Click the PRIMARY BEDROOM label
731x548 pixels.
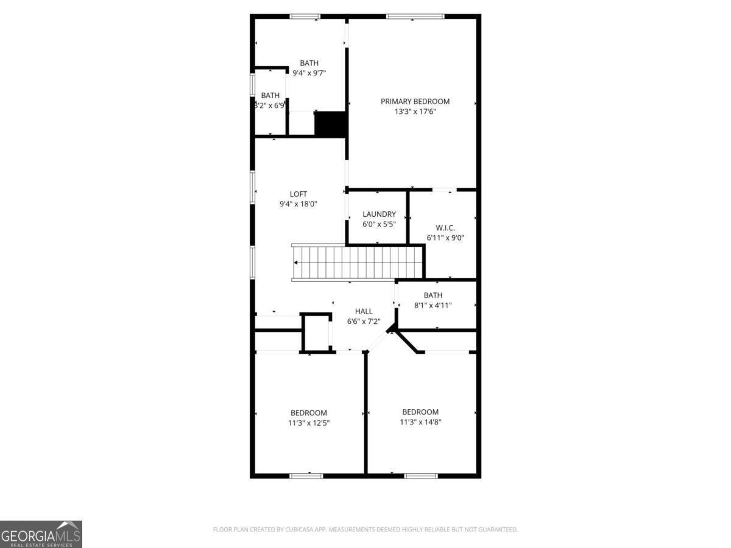pos(415,101)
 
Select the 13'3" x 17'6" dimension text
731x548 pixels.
pos(415,111)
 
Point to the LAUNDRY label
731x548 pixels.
pos(379,214)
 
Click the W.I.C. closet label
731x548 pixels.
pos(445,228)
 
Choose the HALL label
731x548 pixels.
pos(364,311)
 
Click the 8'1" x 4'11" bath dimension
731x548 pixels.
pos(433,305)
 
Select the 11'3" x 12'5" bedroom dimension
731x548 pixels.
pos(309,423)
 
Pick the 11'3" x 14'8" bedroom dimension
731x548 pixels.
pos(420,422)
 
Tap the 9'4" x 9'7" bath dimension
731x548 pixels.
pos(309,73)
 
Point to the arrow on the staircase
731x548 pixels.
pos(296,263)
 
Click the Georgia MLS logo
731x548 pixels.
pos(41,534)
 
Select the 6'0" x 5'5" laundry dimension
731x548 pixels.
pos(379,224)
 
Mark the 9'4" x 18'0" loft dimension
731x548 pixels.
pos(298,205)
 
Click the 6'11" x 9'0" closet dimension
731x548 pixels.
pos(445,238)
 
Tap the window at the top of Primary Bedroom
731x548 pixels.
pos(415,16)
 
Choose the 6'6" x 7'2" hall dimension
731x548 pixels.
pos(364,321)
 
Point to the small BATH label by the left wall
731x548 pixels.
pos(270,95)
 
